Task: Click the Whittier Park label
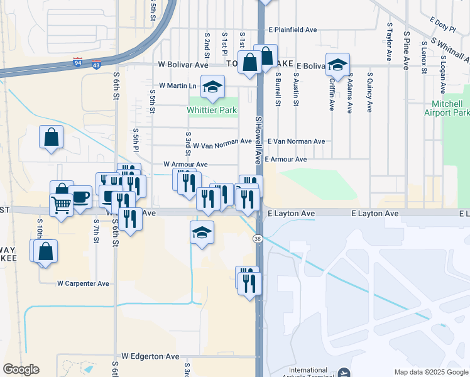click(x=212, y=110)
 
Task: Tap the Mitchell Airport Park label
click(x=447, y=108)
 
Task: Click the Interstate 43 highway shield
click(x=95, y=65)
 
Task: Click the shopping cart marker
click(x=61, y=204)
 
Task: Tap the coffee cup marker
click(x=80, y=197)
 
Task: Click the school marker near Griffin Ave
click(x=337, y=65)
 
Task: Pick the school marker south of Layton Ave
click(x=202, y=232)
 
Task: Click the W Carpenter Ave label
click(x=83, y=283)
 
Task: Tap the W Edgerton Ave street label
click(x=150, y=356)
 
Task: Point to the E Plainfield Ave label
click(x=293, y=30)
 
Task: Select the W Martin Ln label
click(x=178, y=85)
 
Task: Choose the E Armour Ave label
click(x=285, y=160)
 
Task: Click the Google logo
click(x=20, y=369)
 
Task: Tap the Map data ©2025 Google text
click(x=430, y=372)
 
